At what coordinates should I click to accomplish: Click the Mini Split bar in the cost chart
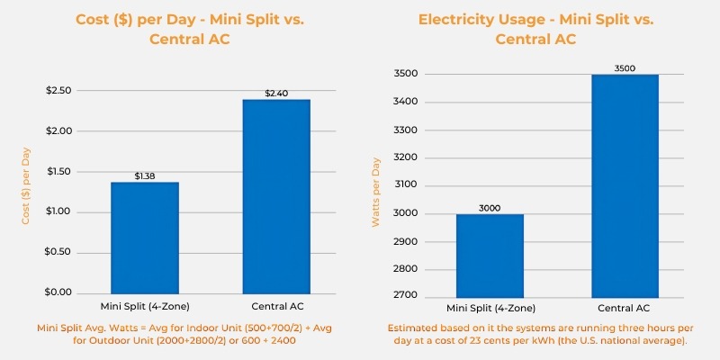(x=145, y=238)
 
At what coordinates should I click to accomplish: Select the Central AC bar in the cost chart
(x=275, y=196)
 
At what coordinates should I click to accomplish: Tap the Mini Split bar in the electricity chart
(x=490, y=256)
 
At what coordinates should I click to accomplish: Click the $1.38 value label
(x=145, y=176)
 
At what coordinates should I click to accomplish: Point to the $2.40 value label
(x=275, y=94)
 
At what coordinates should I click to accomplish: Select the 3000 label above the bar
(x=490, y=208)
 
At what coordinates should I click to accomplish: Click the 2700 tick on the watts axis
(x=407, y=297)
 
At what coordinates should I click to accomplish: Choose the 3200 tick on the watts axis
(x=407, y=157)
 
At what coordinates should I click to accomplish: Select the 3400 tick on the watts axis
(x=407, y=102)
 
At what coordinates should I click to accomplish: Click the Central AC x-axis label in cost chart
(x=275, y=307)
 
